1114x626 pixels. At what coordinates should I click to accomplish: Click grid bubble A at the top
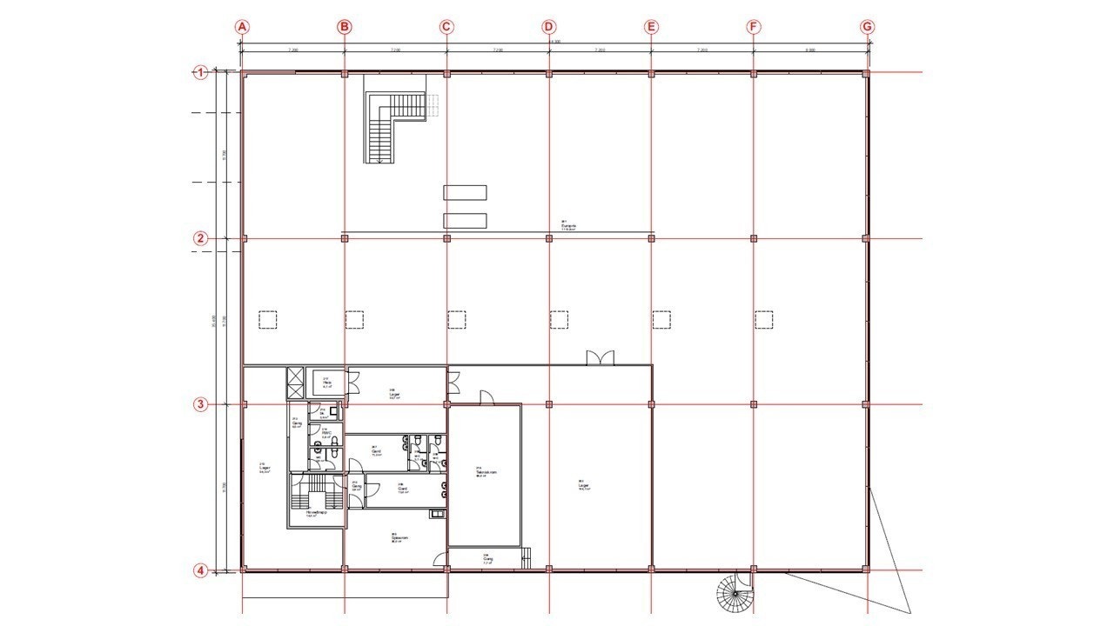pyautogui.click(x=243, y=27)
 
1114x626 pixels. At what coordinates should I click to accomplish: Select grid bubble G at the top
pyautogui.click(x=867, y=27)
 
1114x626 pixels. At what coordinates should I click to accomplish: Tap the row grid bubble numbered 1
pyautogui.click(x=201, y=73)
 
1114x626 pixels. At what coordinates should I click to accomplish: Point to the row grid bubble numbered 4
pyautogui.click(x=201, y=571)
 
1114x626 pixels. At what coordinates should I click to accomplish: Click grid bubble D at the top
pyautogui.click(x=548, y=27)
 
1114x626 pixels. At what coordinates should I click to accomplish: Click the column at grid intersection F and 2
pyautogui.click(x=754, y=238)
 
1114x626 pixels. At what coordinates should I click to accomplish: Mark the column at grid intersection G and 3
pyautogui.click(x=866, y=404)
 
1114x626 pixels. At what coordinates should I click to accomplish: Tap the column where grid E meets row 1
pyautogui.click(x=651, y=74)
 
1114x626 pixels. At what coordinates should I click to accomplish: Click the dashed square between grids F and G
pyautogui.click(x=765, y=320)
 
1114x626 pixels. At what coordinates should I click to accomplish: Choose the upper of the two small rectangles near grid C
pyautogui.click(x=465, y=193)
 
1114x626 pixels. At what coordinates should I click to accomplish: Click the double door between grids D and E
pyautogui.click(x=601, y=357)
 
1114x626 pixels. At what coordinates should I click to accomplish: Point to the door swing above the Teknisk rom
pyautogui.click(x=487, y=397)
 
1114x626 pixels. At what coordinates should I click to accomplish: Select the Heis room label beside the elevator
pyautogui.click(x=327, y=382)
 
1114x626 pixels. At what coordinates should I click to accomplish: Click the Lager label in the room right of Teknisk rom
pyautogui.click(x=584, y=486)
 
